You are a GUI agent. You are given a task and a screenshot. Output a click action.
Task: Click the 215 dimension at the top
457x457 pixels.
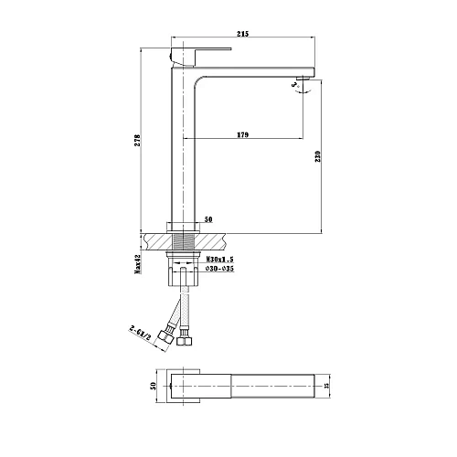click(x=242, y=34)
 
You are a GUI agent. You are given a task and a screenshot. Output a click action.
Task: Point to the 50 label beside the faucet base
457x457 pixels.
click(x=208, y=220)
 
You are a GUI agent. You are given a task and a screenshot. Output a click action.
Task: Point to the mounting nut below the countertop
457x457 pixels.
click(x=183, y=259)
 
